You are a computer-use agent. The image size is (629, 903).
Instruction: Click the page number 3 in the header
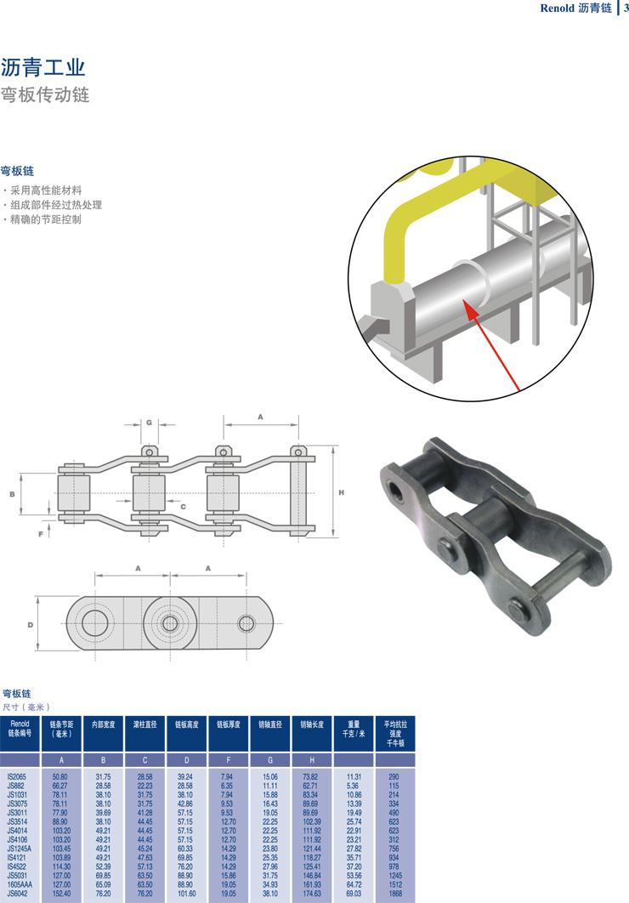(625, 9)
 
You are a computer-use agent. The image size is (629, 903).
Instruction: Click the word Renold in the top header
(558, 9)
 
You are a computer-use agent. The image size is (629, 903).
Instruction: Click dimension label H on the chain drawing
(341, 492)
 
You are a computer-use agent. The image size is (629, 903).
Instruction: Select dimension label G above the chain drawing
(149, 422)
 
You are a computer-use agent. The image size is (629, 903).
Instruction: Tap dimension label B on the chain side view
(12, 493)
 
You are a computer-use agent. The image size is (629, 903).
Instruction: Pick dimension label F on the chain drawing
(40, 534)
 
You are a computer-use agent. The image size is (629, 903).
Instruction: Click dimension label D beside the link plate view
(30, 625)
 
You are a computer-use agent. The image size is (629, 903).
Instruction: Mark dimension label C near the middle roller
(183, 506)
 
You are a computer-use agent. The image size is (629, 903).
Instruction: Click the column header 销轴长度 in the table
(313, 724)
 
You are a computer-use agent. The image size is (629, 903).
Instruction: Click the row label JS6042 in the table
(18, 894)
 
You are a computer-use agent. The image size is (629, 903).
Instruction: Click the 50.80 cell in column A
(59, 776)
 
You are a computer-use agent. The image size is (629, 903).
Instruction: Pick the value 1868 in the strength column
(394, 894)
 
